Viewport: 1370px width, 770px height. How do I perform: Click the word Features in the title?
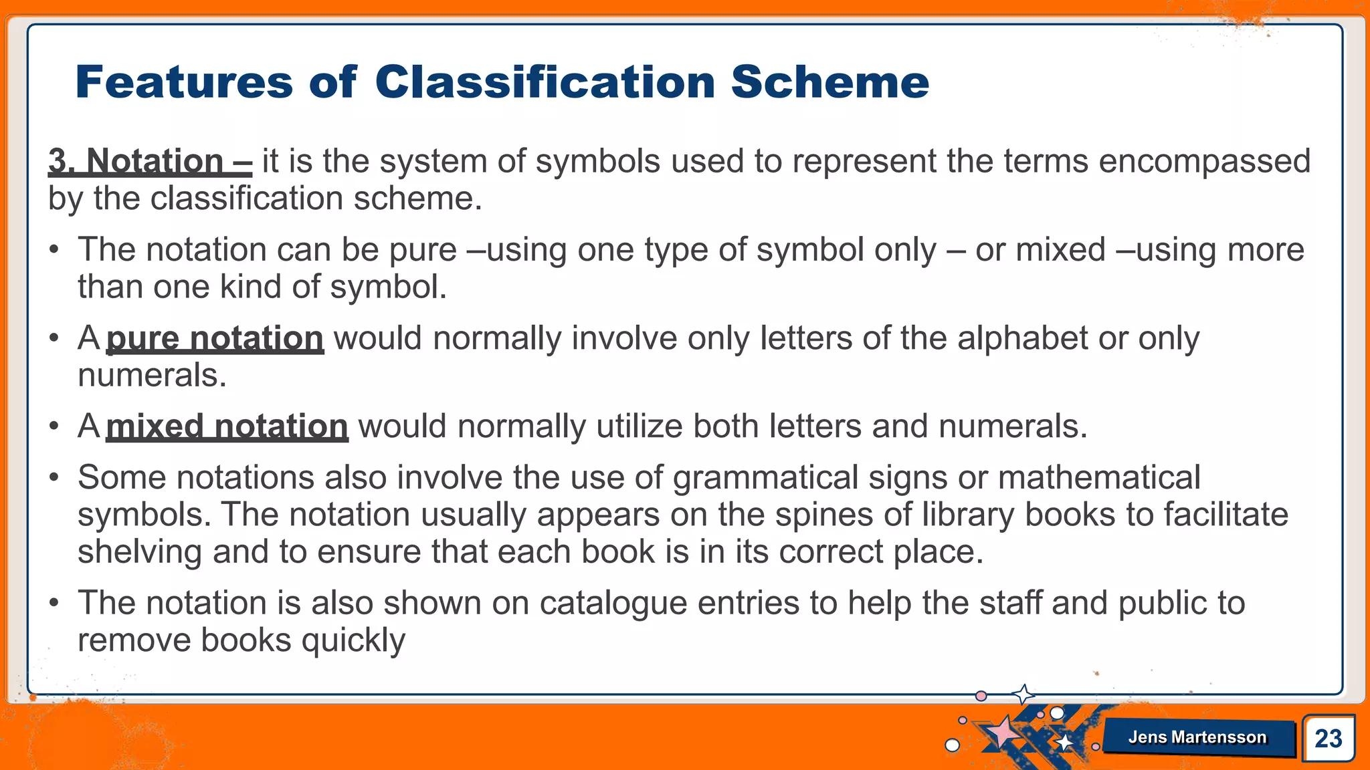(x=184, y=82)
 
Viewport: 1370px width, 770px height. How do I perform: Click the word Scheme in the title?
(x=829, y=82)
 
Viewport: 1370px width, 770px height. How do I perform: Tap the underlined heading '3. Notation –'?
(x=150, y=161)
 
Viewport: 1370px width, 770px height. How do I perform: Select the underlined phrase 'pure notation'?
(x=215, y=338)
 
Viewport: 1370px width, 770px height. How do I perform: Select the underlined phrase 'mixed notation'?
(x=227, y=426)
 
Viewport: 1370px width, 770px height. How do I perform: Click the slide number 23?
(x=1328, y=739)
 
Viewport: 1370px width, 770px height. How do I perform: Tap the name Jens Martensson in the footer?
(x=1197, y=737)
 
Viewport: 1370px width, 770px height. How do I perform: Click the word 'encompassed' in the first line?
(x=1204, y=161)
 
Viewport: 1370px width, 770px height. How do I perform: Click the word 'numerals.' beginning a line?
(x=152, y=375)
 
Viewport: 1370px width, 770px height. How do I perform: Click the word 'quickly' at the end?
(x=353, y=640)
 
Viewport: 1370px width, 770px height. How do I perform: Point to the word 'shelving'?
(x=140, y=552)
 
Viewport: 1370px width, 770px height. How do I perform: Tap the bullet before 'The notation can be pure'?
(x=54, y=251)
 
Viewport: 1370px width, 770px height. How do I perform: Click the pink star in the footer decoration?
(x=1003, y=732)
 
